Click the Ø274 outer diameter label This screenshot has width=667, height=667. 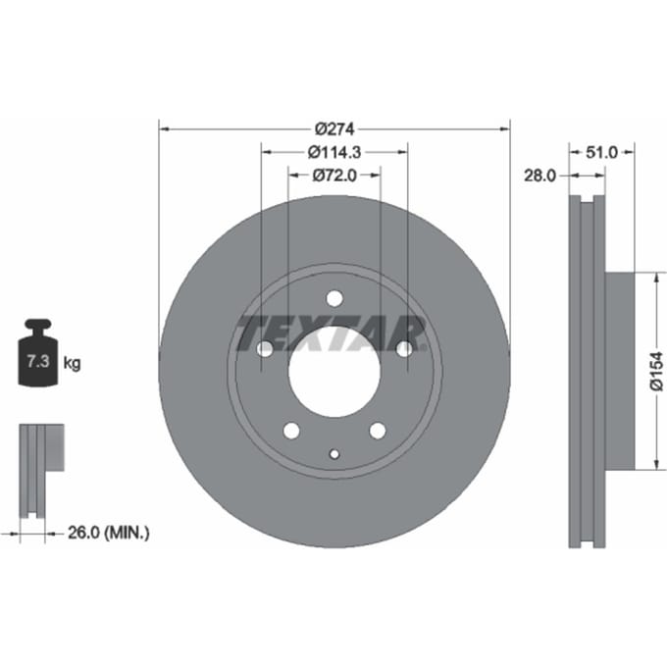[334, 128]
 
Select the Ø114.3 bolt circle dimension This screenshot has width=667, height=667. [334, 152]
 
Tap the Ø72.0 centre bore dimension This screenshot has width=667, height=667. [334, 175]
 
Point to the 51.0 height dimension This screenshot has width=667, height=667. [601, 152]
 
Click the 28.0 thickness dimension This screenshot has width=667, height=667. [539, 175]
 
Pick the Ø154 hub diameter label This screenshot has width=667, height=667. [657, 371]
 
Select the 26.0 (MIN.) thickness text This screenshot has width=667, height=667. [109, 533]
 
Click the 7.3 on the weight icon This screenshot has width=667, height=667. [38, 361]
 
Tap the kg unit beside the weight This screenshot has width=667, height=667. [72, 363]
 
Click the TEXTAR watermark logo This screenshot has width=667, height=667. [331, 333]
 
